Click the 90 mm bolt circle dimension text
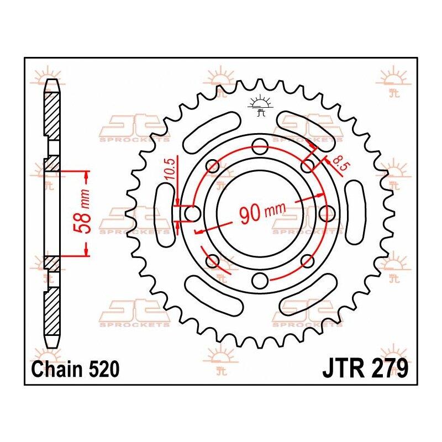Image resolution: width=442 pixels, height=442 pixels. [262, 212]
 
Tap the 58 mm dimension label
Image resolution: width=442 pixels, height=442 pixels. [84, 212]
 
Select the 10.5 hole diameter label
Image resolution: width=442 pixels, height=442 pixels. [170, 169]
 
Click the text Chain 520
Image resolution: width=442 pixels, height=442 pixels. [75, 369]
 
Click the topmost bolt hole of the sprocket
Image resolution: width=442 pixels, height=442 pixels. [260, 146]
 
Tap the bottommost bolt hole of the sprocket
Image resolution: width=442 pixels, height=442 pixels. [260, 281]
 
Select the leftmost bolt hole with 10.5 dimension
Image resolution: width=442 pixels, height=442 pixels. [192, 213]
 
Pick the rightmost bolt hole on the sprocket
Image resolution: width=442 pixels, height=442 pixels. [327, 213]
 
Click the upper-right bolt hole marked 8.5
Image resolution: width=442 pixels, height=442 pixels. [308, 166]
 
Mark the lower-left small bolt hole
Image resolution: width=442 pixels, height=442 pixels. [212, 261]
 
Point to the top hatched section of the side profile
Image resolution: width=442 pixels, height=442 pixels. [51, 116]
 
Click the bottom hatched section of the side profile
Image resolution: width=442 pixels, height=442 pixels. [52, 311]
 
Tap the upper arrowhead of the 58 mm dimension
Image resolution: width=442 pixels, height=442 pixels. [86, 176]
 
